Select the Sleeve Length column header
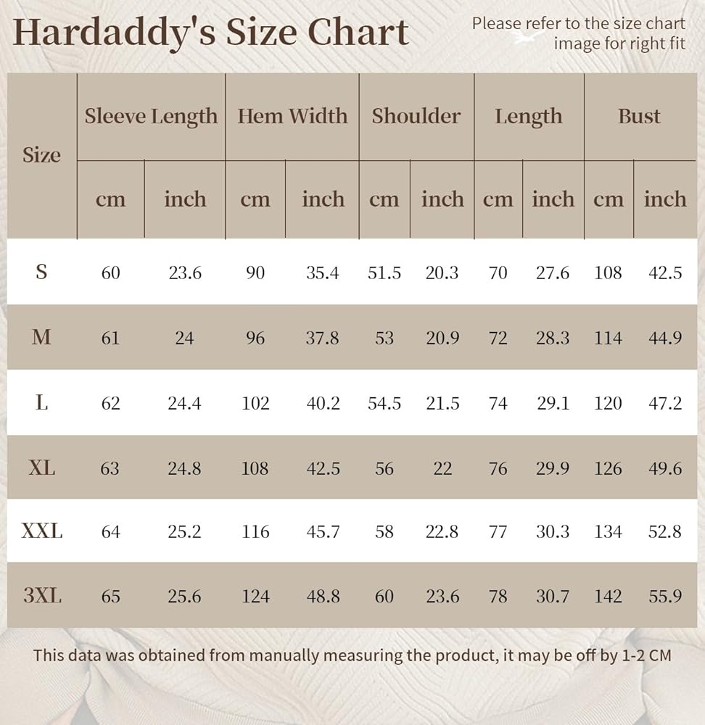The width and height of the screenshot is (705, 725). tap(151, 116)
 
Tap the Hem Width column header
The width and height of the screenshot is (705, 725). tap(292, 116)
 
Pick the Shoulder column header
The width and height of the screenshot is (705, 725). tap(416, 116)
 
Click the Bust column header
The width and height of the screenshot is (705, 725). tap(639, 116)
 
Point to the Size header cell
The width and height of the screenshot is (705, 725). tap(41, 155)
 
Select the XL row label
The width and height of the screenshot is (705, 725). tap(42, 468)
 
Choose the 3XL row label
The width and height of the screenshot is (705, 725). tap(42, 596)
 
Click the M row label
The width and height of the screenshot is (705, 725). tap(42, 337)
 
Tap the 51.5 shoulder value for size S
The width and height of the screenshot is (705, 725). tap(384, 273)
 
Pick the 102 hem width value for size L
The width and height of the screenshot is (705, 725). tap(255, 403)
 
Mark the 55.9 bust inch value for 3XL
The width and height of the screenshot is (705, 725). tap(664, 596)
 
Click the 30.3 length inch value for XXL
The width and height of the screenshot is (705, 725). tap(553, 532)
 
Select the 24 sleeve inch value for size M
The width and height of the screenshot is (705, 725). tap(184, 338)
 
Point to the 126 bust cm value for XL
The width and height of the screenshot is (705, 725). tap(608, 468)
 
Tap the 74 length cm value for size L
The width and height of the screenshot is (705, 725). tap(498, 403)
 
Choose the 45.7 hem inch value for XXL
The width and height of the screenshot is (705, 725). tap(323, 532)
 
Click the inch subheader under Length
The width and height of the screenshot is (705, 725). tap(553, 199)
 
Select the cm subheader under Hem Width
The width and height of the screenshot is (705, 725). tap(255, 199)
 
